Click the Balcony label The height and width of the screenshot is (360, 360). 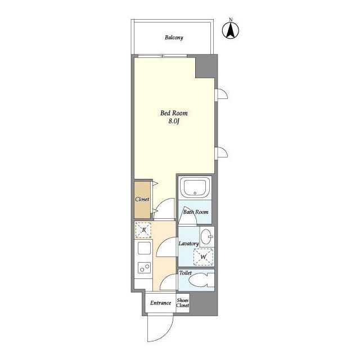[174, 38]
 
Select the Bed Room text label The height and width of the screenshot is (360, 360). [174, 113]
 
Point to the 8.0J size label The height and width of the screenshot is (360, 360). [174, 121]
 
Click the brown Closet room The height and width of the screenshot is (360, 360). [142, 200]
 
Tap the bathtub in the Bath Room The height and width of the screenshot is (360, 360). [195, 187]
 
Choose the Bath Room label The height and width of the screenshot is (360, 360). [196, 212]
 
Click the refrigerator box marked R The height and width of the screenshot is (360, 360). [143, 230]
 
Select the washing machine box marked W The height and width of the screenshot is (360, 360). [204, 256]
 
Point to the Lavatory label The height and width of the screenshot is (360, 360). [188, 244]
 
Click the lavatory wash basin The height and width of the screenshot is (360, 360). [207, 237]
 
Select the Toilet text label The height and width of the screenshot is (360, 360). [185, 273]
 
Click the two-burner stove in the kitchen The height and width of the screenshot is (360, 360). [145, 268]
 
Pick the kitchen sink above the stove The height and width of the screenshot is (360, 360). [145, 249]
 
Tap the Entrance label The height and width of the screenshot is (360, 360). [160, 303]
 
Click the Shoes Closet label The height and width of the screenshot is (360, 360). [183, 303]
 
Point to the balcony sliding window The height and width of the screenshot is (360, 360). [163, 56]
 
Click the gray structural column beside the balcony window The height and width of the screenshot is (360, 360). [206, 66]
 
